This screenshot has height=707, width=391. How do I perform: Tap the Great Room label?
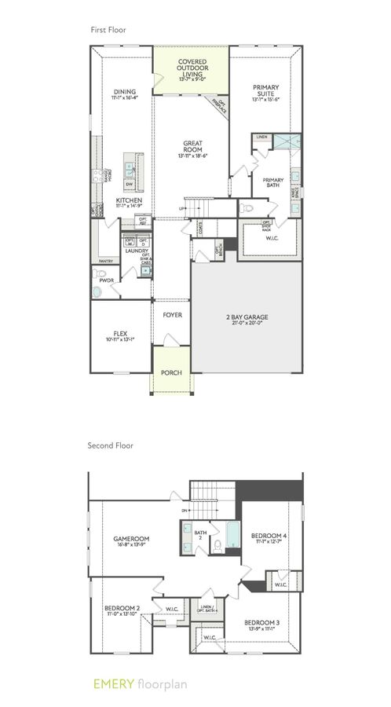[x=192, y=150]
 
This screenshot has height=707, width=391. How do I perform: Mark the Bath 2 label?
[x=199, y=537]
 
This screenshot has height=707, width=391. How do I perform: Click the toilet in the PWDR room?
[x=98, y=291]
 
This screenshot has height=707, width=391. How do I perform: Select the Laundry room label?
[x=136, y=251]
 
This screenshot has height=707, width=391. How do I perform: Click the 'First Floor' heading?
[x=108, y=30]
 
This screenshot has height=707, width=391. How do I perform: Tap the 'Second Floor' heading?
[x=111, y=445]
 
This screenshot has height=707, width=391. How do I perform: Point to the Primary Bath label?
[x=273, y=183]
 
